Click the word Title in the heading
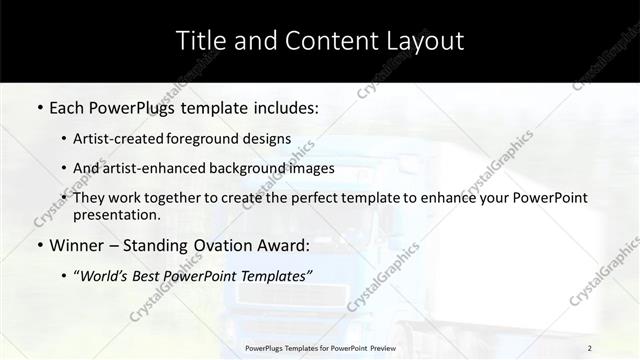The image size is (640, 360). tap(199, 41)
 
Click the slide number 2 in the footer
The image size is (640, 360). tap(590, 348)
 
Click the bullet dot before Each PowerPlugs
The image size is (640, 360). tap(39, 106)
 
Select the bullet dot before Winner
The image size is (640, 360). tap(39, 245)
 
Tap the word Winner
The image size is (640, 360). tap(81, 245)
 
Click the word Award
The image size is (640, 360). tap(285, 245)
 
